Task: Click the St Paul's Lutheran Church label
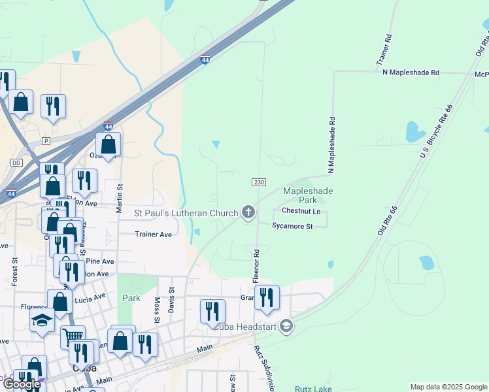(x=186, y=212)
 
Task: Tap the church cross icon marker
(x=248, y=212)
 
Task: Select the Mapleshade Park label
(x=308, y=195)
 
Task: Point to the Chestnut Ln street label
(x=301, y=211)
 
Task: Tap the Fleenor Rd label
(x=257, y=265)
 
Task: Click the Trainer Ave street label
(x=153, y=234)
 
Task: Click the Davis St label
(x=171, y=301)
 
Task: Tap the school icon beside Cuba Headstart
(x=286, y=326)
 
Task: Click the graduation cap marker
(x=42, y=321)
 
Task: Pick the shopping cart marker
(x=73, y=336)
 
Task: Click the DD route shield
(x=16, y=162)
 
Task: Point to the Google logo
(x=22, y=384)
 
